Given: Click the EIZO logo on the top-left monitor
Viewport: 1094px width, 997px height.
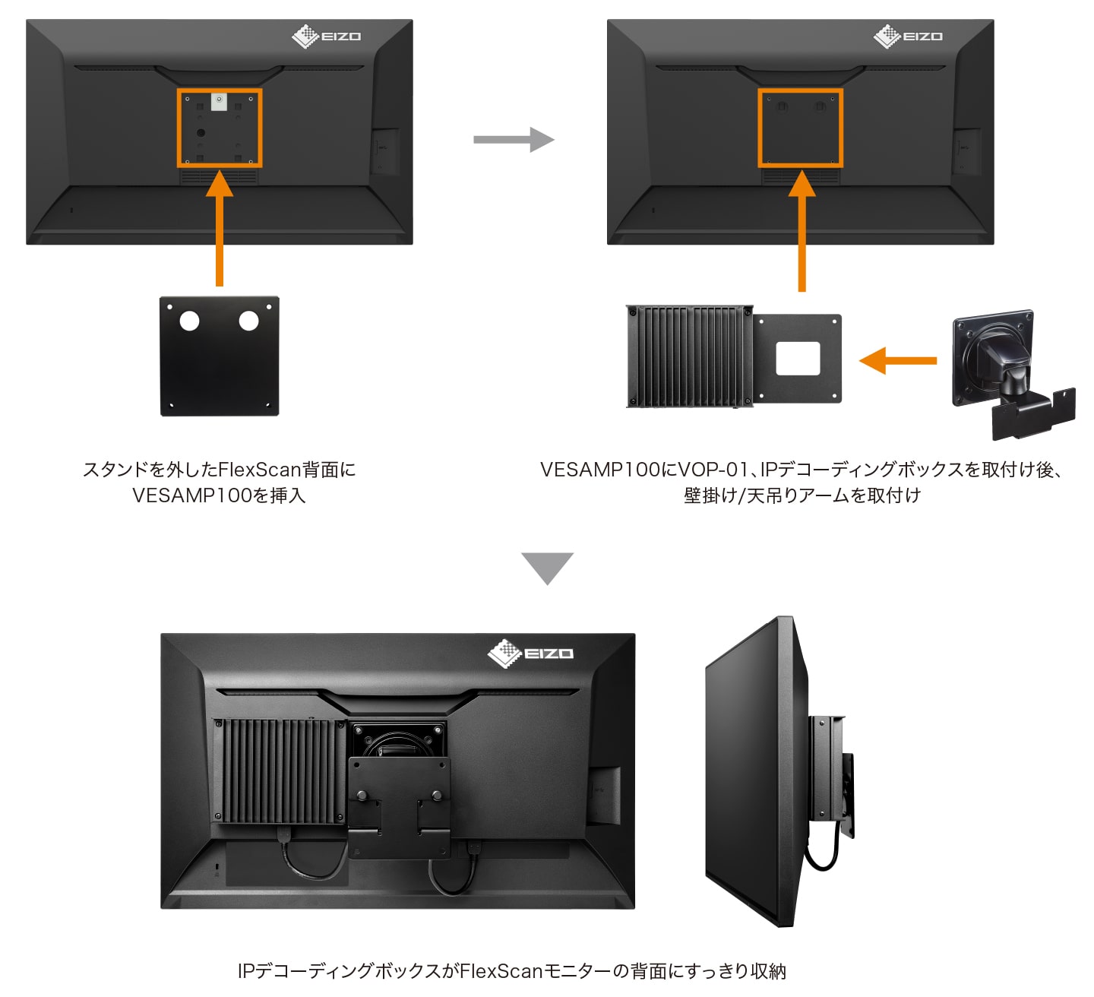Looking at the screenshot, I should [x=327, y=36].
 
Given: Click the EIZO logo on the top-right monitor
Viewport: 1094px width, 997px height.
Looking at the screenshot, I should [x=908, y=36].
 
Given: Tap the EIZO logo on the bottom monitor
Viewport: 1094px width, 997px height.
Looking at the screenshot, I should [x=530, y=654].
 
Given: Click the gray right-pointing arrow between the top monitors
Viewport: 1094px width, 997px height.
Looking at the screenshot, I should [x=514, y=140].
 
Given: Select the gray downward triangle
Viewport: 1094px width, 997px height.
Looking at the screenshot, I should [x=547, y=567].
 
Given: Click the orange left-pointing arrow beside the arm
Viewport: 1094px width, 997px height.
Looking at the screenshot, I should [x=897, y=360].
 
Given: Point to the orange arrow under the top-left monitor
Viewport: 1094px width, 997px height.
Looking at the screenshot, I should [x=220, y=228].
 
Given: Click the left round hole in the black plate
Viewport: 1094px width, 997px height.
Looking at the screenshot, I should [x=189, y=321].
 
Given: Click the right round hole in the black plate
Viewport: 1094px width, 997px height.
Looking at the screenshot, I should [x=249, y=321].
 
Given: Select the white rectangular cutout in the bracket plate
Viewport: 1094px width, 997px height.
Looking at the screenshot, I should [x=798, y=358].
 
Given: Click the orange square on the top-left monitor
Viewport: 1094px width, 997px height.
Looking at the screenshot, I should [x=220, y=128].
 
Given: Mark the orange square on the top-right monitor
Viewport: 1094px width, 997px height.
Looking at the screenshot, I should [x=801, y=128].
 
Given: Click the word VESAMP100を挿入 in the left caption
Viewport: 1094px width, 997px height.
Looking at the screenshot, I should [x=219, y=495].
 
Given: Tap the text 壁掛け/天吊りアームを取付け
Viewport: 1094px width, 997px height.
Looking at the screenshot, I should [x=802, y=495].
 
